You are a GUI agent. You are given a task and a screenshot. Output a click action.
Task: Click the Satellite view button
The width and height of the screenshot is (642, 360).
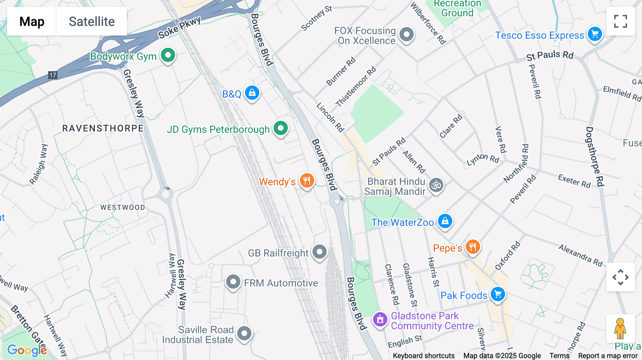[92, 21]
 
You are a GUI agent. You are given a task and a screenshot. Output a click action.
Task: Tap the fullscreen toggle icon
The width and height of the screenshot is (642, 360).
[620, 21]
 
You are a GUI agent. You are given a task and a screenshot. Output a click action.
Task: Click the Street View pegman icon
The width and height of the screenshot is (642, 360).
[620, 328]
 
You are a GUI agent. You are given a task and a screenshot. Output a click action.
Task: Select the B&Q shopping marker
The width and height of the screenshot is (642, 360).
[252, 93]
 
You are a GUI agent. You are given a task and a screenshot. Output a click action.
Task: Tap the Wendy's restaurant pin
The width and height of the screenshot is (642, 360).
[307, 181]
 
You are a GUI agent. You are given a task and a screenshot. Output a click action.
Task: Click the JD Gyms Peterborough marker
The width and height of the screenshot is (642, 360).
[281, 128]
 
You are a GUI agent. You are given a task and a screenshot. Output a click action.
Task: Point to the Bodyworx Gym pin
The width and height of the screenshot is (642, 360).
[168, 55]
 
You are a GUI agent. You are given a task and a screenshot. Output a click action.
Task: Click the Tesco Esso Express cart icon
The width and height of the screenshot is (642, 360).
[595, 35]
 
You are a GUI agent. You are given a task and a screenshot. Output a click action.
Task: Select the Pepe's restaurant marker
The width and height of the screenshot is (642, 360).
[473, 247]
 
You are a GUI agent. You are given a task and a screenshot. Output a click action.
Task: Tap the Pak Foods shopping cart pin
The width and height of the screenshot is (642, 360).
[498, 294]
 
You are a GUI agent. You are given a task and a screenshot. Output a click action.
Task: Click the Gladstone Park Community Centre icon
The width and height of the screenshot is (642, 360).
[380, 319]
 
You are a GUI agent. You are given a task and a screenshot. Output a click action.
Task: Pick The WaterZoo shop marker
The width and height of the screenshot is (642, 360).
[445, 221]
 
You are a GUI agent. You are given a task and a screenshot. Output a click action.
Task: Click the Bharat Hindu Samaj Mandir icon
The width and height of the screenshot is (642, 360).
[436, 185]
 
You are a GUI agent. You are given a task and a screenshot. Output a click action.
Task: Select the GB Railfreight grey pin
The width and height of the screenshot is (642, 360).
[319, 252]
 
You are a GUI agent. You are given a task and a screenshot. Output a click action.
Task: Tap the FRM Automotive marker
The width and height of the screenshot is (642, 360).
[233, 282]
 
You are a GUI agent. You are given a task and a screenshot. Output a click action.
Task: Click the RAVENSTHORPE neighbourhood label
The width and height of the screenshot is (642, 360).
[103, 128]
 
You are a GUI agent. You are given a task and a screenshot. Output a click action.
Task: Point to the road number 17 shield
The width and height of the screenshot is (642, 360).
[53, 75]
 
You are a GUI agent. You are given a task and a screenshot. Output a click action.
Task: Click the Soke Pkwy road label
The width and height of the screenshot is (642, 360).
[179, 27]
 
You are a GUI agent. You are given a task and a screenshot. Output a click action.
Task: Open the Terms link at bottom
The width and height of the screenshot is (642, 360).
[559, 355]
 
